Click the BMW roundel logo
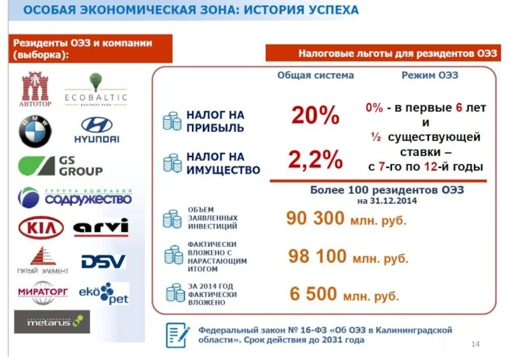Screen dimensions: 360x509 (35, 132)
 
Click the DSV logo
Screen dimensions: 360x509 (103, 261)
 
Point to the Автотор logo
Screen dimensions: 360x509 (35, 88)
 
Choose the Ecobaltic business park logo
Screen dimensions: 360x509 (96, 90)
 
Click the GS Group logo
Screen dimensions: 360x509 (60, 166)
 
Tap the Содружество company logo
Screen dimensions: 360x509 (74, 197)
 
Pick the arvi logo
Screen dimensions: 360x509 (101, 227)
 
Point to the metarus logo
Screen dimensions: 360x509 (52, 321)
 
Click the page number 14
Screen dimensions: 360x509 (475, 344)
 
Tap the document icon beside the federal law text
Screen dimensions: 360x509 (177, 335)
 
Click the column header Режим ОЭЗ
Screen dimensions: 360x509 (430, 75)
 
